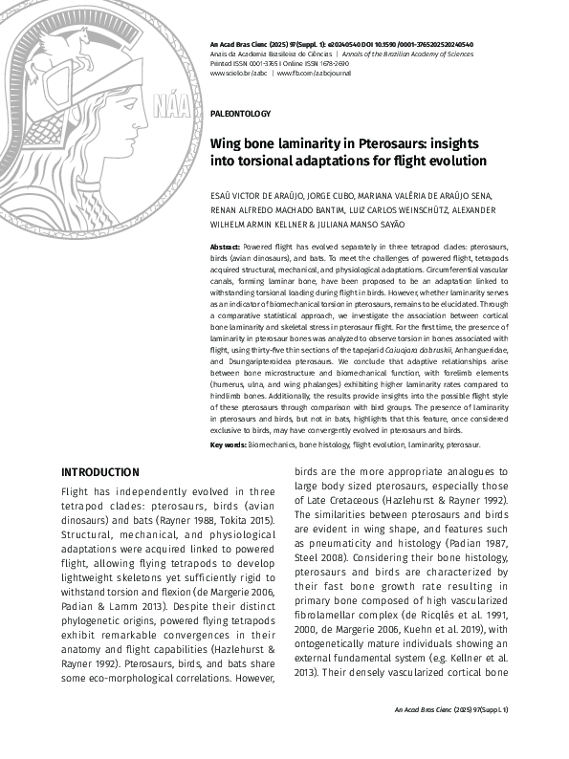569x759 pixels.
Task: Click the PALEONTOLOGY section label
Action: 240,114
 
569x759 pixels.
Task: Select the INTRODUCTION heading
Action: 100,472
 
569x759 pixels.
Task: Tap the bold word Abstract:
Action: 225,247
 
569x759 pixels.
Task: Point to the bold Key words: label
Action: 229,445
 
